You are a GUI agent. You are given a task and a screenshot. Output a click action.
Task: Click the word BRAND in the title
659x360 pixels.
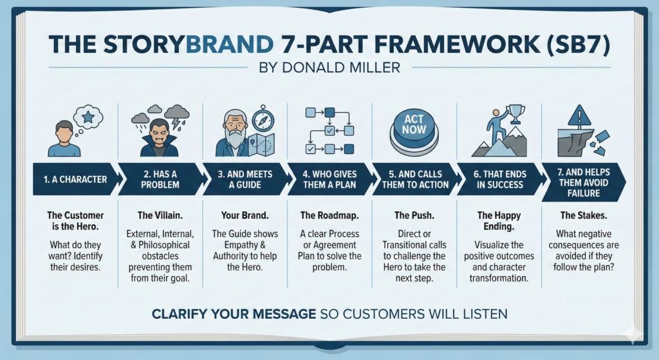[x=230, y=44]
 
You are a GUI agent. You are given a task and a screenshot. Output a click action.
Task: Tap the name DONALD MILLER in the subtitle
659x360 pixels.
[x=341, y=67]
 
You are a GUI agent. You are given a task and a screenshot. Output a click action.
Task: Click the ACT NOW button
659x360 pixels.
[x=414, y=130]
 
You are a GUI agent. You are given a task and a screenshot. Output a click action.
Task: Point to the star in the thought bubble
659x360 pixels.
[x=88, y=117]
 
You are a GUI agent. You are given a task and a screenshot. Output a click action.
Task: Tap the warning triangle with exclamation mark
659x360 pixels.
[x=579, y=116]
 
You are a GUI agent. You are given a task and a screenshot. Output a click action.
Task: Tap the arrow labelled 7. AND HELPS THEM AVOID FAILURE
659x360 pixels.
[x=584, y=182]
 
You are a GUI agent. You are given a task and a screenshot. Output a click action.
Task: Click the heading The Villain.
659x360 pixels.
[x=160, y=216]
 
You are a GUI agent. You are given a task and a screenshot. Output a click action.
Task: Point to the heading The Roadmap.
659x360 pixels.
[x=329, y=216]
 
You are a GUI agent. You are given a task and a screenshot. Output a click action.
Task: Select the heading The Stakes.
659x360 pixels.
[x=584, y=216]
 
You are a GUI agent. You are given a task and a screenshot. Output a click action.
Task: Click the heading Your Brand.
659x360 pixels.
[x=245, y=216]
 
